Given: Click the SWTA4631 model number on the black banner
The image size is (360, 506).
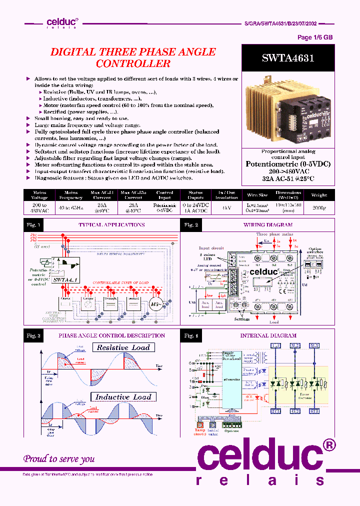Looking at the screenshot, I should pos(287,58).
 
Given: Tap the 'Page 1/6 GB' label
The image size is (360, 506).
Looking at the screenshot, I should pos(315,37).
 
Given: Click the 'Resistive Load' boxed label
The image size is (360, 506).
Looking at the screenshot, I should pos(123,347).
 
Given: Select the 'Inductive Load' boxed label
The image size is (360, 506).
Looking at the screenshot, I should pos(123,397).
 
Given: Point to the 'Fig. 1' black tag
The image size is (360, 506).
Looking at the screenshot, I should pos(33,225).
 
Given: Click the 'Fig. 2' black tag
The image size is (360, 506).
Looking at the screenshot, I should pos(191,225).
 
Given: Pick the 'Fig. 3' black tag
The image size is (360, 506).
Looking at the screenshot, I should pos(33,335).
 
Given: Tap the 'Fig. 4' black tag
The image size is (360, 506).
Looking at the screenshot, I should pos(191,335).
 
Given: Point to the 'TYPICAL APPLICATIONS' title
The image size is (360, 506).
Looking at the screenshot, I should pos(111,225).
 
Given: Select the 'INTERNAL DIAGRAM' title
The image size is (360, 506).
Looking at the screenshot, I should pos(268,335).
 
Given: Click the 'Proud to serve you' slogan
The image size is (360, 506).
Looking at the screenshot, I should pos(59,458).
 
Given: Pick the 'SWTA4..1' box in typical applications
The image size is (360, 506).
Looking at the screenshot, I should pos(63,279).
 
